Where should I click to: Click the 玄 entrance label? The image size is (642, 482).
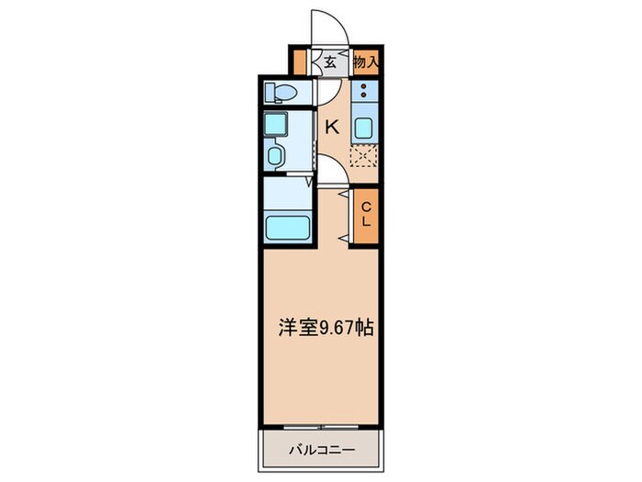tap(328, 62)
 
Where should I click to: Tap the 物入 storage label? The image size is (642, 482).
tap(366, 62)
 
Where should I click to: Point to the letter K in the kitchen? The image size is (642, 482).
tap(331, 128)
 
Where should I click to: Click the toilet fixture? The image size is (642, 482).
tap(280, 93)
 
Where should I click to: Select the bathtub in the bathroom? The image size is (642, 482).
tap(289, 227)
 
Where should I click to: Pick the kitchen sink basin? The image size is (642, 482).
tap(364, 129)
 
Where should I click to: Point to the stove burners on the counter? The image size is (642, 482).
tap(364, 92)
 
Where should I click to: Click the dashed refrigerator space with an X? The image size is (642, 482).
tap(364, 157)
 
